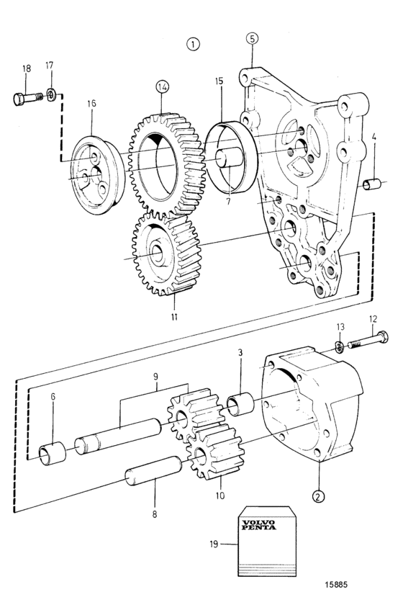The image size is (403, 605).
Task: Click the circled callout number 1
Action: pos(193,44)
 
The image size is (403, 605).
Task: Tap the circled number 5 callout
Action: pos(252,38)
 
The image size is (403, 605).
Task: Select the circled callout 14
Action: pos(163,87)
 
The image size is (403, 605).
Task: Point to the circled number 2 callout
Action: pos(318,496)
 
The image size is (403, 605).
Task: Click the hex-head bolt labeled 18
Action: pos(28,98)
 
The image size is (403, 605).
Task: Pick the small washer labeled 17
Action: pos(51,94)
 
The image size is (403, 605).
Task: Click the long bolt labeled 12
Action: pos(368,339)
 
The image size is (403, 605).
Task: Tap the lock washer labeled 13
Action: pos(340,346)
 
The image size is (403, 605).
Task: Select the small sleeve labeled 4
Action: pos(372,184)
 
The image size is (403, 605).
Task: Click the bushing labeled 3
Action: pos(240,403)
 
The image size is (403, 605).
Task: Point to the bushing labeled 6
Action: pos(53,453)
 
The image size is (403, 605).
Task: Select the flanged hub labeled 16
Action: pos(99,174)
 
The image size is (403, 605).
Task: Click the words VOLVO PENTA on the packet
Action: pos(259,525)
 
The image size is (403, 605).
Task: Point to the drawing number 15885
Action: pos(335,585)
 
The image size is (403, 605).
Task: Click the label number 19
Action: pos(214,544)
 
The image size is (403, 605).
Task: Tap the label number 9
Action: pos(155,376)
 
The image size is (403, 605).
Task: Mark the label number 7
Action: pos(228,202)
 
